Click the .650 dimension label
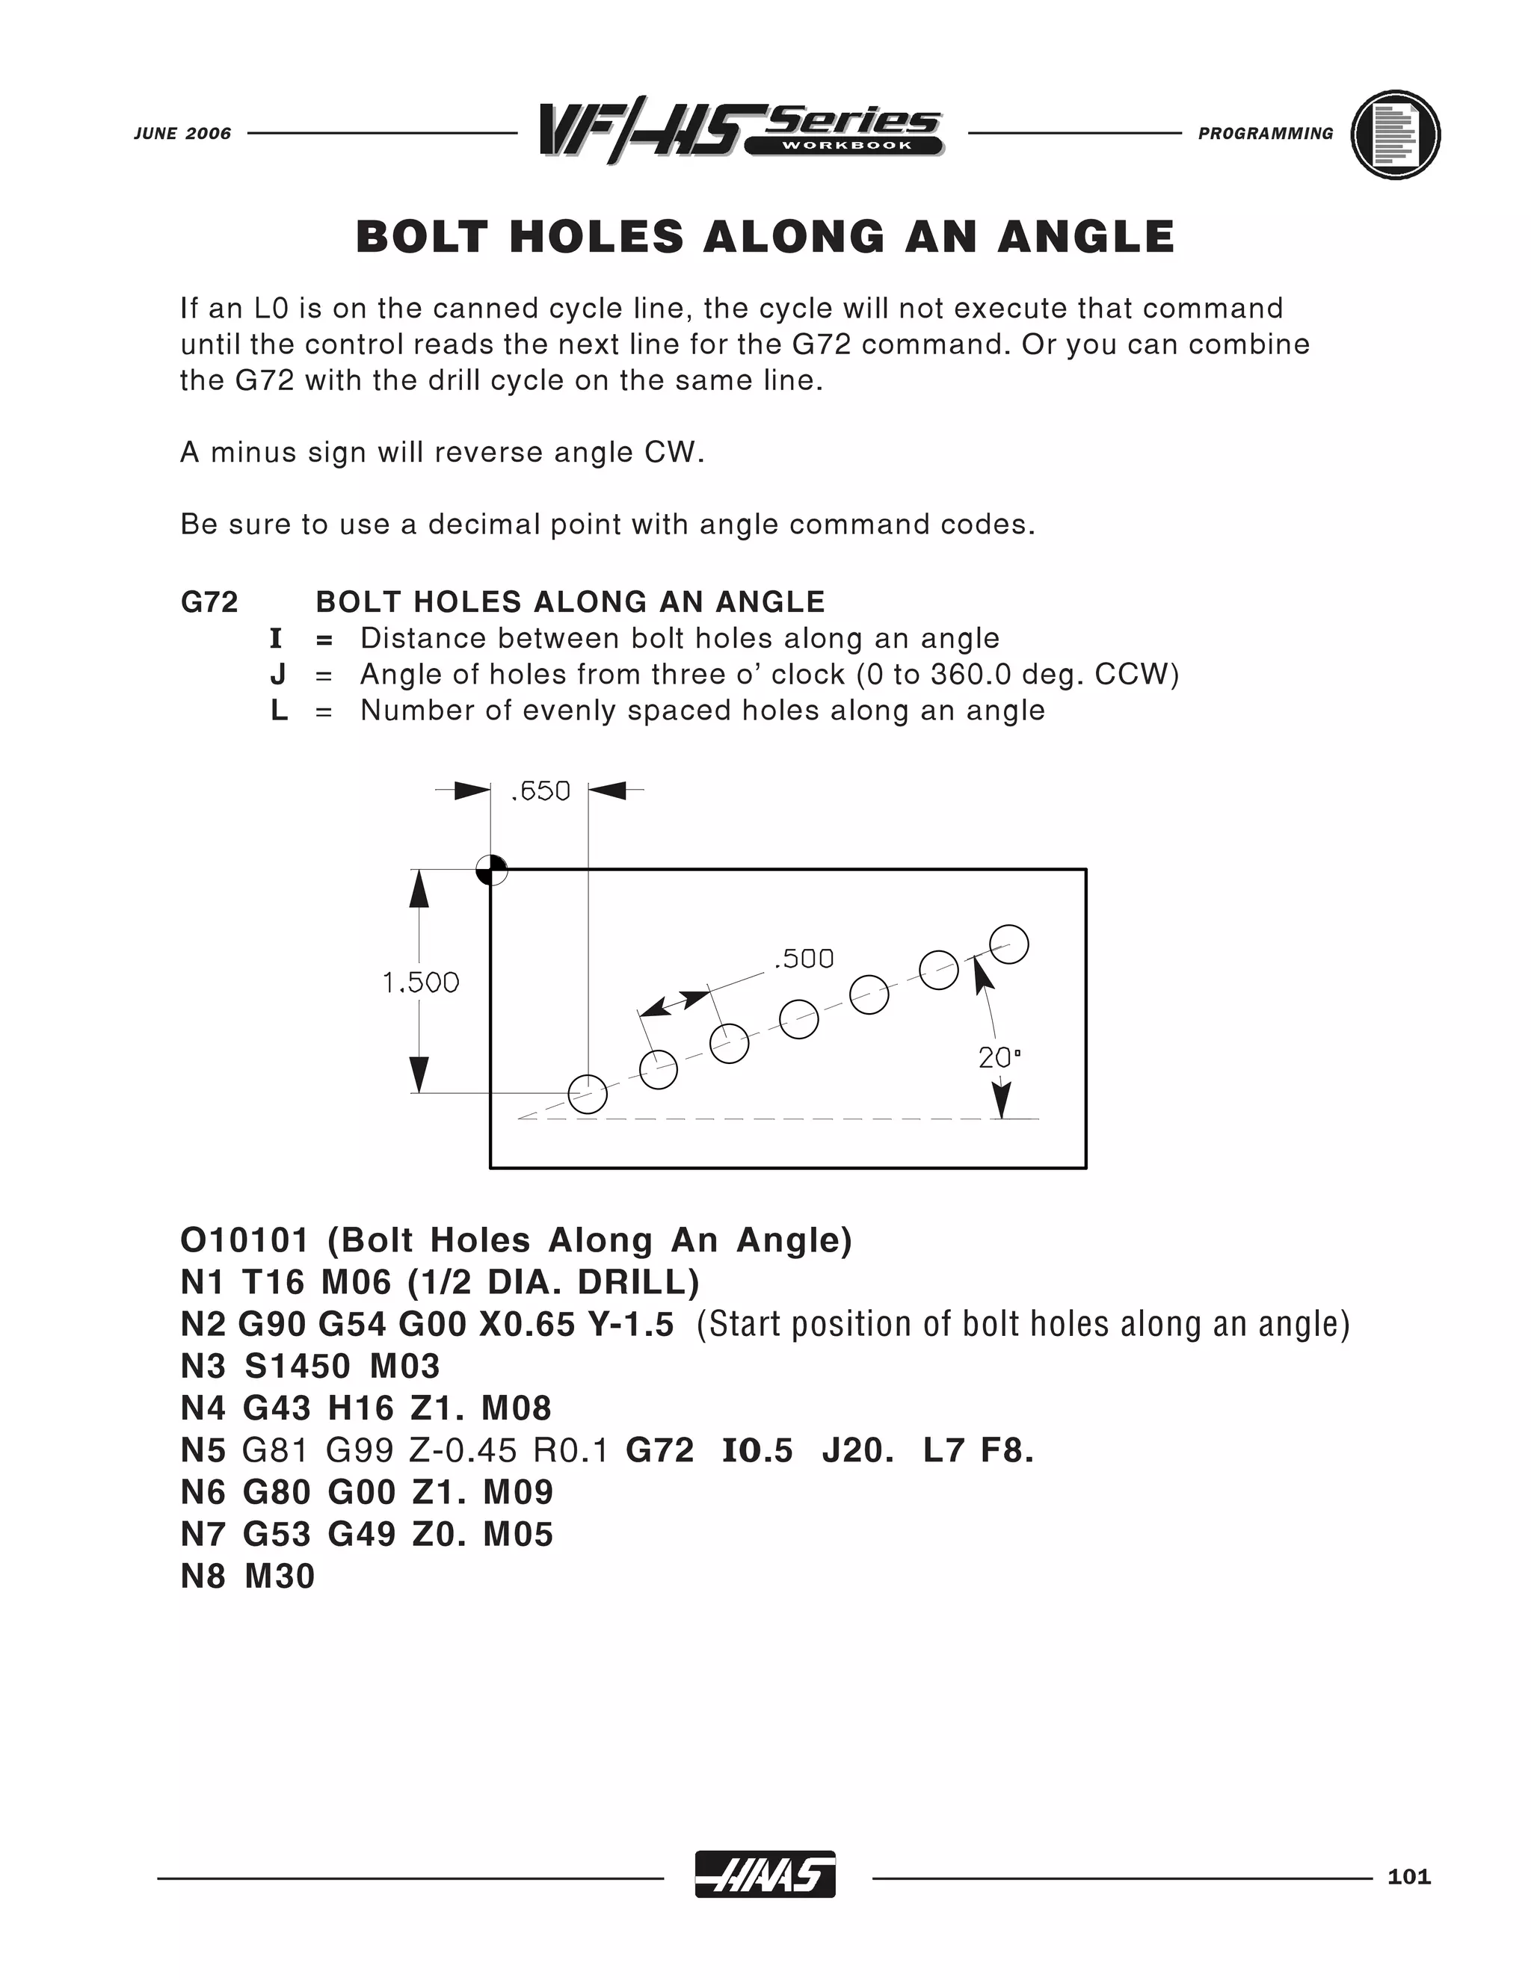point(540,791)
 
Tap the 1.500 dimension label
point(421,982)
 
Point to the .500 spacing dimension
point(804,959)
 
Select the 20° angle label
point(999,1057)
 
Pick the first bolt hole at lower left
point(587,1093)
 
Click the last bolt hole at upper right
point(1008,944)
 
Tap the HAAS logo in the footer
point(765,1874)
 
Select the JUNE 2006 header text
point(182,133)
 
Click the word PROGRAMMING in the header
point(1266,133)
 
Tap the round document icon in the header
point(1395,134)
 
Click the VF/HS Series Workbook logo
point(741,132)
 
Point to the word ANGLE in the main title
point(1085,237)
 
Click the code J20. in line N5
point(858,1450)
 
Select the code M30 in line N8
point(280,1577)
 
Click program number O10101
point(245,1240)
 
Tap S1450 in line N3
point(298,1367)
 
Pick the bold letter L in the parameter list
point(278,710)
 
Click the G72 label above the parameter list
point(209,602)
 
